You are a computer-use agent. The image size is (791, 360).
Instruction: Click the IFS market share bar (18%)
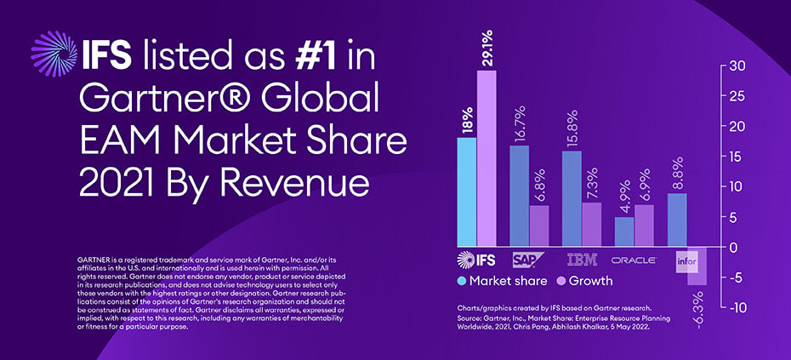pyautogui.click(x=467, y=191)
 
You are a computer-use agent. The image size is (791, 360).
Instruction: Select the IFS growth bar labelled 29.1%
pyautogui.click(x=487, y=157)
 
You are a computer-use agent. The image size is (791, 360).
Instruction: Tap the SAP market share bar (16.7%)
pyautogui.click(x=520, y=195)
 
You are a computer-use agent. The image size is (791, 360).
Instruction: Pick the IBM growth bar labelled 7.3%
pyautogui.click(x=591, y=224)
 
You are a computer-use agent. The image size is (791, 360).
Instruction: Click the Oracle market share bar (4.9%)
pyautogui.click(x=624, y=231)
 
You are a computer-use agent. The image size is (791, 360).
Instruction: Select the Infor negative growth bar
pyautogui.click(x=697, y=266)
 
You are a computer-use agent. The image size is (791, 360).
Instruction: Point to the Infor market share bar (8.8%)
pyautogui.click(x=677, y=219)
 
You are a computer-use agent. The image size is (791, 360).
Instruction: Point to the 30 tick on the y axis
pyautogui.click(x=738, y=66)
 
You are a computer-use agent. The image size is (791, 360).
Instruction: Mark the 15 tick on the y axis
pyautogui.click(x=738, y=157)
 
